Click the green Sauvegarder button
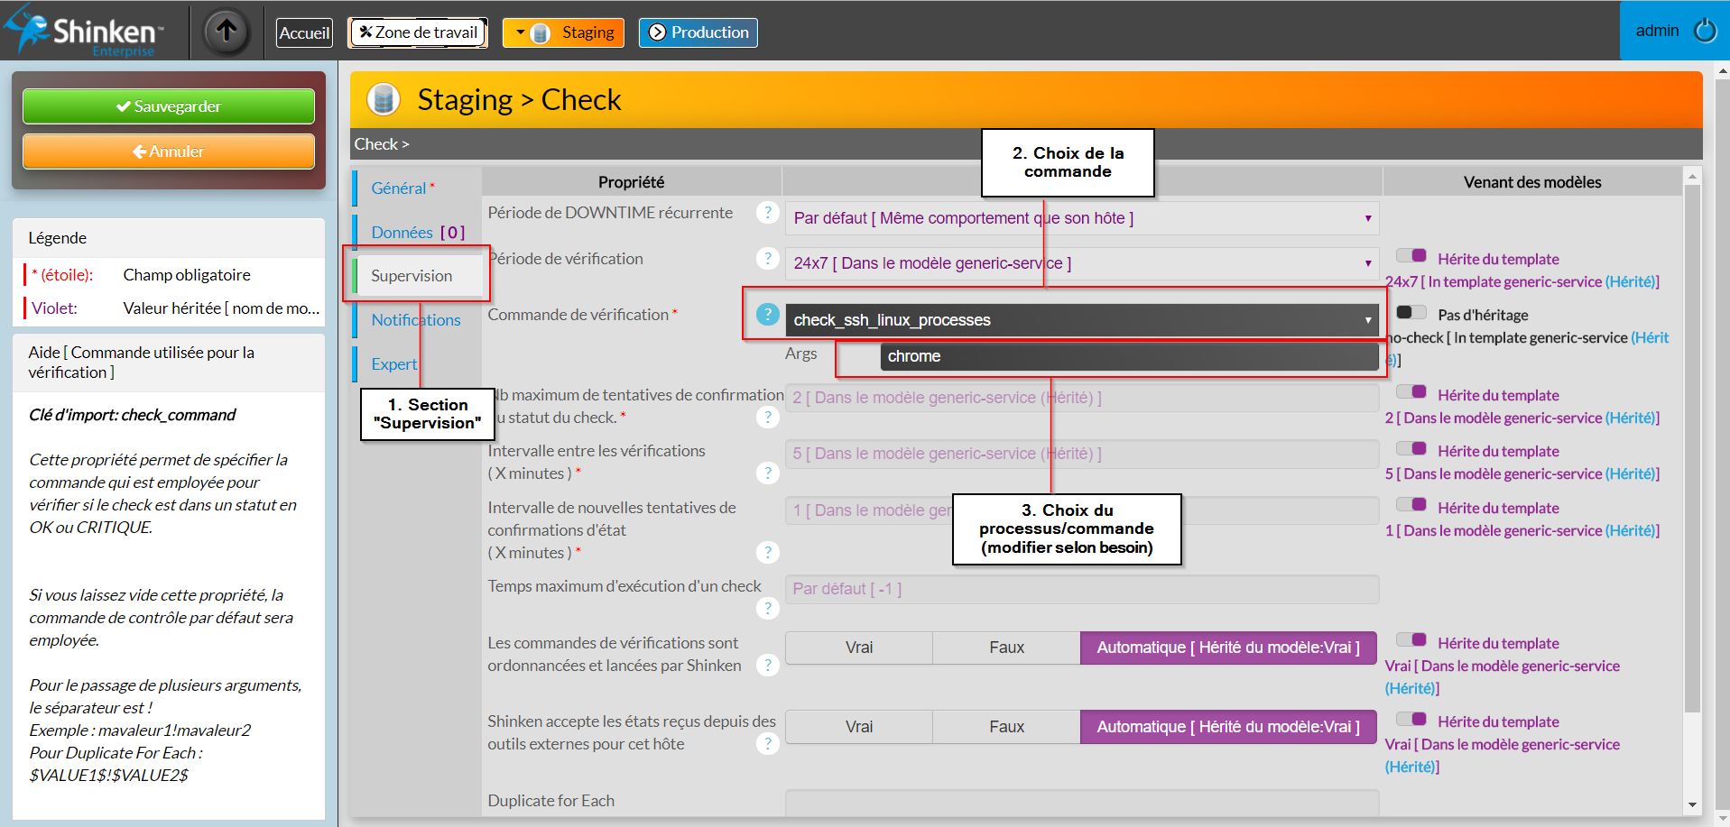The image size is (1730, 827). pos(169,106)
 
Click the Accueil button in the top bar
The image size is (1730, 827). pos(304,33)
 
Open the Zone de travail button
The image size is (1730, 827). pos(418,33)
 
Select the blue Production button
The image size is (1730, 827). pos(698,33)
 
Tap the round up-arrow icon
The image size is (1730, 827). pos(227,32)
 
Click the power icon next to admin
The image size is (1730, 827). pos(1706,31)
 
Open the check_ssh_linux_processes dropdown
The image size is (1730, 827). pos(1082,320)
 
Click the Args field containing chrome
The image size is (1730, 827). pos(1129,356)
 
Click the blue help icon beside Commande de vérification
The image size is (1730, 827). pos(767,314)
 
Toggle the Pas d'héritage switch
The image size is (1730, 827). pos(1411,313)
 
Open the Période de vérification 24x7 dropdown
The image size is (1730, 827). pos(1082,263)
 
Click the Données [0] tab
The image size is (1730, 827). pos(417,232)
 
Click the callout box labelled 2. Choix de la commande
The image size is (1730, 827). pos(1068,162)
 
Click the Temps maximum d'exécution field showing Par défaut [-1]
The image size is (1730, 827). pos(1082,589)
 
